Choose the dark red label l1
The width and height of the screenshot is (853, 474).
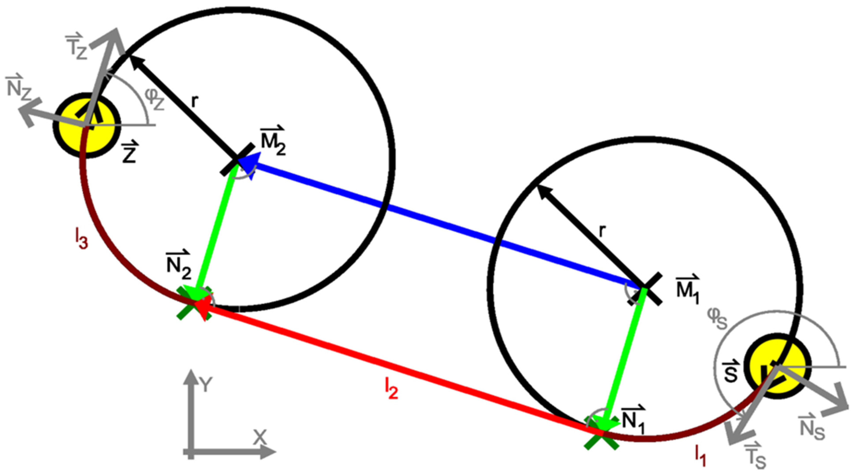pyautogui.click(x=700, y=456)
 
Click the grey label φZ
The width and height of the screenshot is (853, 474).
pyautogui.click(x=154, y=98)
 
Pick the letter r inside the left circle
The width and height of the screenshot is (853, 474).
pyautogui.click(x=195, y=102)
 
